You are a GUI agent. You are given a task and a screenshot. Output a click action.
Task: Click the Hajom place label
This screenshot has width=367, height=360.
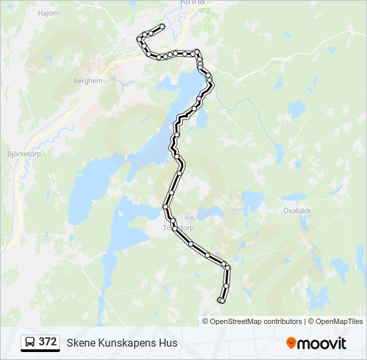(x=49, y=13)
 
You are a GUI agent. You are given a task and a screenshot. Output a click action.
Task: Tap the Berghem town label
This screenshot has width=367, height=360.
(x=87, y=81)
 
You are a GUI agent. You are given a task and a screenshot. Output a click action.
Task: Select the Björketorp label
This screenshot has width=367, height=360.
(x=25, y=153)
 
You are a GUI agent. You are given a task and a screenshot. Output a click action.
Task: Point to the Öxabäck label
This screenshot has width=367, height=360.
(x=297, y=210)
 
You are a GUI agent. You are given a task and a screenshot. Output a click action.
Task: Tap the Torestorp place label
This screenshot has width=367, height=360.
(x=178, y=227)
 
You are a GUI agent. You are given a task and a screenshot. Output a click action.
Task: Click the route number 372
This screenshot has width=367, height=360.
(x=47, y=342)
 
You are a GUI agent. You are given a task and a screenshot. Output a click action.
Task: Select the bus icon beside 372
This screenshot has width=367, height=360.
(x=31, y=343)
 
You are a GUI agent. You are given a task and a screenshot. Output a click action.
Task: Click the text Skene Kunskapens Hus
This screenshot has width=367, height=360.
(x=122, y=343)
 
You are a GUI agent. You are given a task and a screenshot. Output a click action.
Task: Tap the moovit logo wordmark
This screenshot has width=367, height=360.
(x=322, y=343)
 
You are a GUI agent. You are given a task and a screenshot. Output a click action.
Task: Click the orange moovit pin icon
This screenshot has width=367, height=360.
(x=291, y=343)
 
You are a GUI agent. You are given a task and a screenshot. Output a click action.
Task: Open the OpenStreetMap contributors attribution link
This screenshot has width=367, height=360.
(x=247, y=321)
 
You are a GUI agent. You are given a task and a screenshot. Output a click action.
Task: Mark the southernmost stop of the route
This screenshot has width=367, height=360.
(x=221, y=301)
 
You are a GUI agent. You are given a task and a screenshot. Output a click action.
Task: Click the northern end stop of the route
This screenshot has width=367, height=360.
(x=161, y=27)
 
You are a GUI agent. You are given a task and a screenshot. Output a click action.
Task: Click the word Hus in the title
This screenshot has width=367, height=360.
(x=169, y=343)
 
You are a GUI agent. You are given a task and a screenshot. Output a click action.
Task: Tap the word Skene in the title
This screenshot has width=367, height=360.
(x=80, y=343)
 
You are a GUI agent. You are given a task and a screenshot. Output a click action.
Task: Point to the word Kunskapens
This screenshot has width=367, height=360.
(x=127, y=343)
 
